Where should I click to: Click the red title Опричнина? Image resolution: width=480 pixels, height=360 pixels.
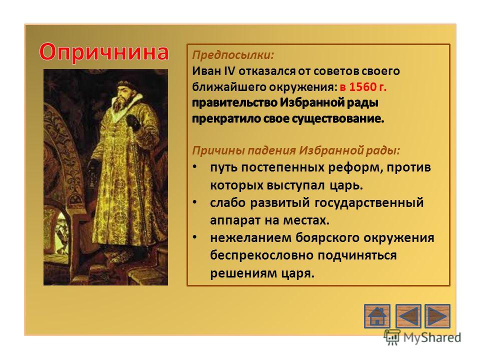(104, 52)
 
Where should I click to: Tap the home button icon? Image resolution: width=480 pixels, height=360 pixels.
(377, 316)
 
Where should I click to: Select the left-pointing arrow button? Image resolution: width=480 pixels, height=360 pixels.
(408, 316)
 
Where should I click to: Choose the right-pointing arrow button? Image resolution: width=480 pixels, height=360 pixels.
(437, 316)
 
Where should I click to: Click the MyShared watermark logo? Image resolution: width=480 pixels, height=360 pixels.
(423, 337)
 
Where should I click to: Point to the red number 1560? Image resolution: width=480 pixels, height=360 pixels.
(362, 87)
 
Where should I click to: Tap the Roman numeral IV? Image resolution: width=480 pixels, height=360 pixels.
(229, 71)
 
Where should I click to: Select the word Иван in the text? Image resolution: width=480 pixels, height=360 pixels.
(206, 71)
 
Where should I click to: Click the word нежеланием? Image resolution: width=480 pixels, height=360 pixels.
(250, 238)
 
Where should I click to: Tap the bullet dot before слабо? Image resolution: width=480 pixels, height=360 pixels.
(194, 202)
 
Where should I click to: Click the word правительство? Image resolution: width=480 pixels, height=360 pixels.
(234, 103)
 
